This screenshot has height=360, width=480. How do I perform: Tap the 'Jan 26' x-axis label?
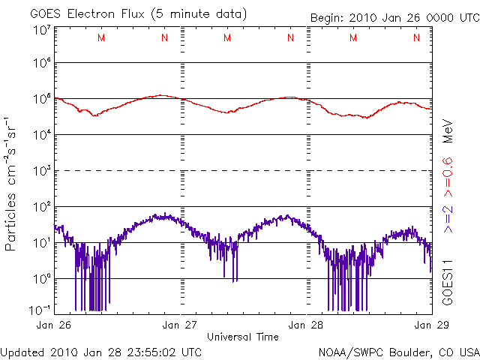pyautogui.click(x=54, y=325)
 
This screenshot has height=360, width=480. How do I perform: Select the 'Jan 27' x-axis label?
pyautogui.click(x=180, y=325)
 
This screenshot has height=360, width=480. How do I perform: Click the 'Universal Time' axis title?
pyautogui.click(x=243, y=337)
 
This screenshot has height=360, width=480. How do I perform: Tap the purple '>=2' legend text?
pyautogui.click(x=448, y=217)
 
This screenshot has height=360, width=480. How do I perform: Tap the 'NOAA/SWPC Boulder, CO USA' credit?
pyautogui.click(x=397, y=351)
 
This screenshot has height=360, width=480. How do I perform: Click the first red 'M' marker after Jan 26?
pyautogui.click(x=101, y=37)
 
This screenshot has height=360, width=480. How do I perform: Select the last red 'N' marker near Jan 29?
pyautogui.click(x=416, y=37)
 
